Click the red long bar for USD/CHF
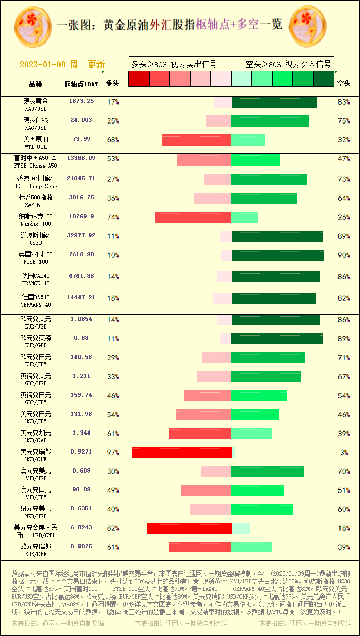pyautogui.click(x=182, y=453)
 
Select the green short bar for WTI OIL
pyautogui.click(x=248, y=140)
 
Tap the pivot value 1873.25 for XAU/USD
pyautogui.click(x=82, y=101)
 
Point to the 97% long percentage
pyautogui.click(x=113, y=453)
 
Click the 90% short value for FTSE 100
pyautogui.click(x=344, y=255)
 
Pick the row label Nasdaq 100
pyautogui.click(x=36, y=220)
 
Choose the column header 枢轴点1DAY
pyautogui.click(x=81, y=84)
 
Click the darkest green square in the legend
pyautogui.click(x=323, y=78)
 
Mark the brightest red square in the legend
pyautogui.click(x=139, y=78)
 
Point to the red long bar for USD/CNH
pyautogui.click(x=189, y=528)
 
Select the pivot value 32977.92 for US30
pyautogui.click(x=82, y=236)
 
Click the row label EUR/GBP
pyautogui.click(x=36, y=341)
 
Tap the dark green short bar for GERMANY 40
pyautogui.click(x=273, y=298)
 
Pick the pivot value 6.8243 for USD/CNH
pyautogui.click(x=82, y=527)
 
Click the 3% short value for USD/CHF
pyautogui.click(x=344, y=453)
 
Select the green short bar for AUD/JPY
pyautogui.click(x=257, y=490)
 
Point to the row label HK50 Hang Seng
pyautogui.click(x=36, y=182)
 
